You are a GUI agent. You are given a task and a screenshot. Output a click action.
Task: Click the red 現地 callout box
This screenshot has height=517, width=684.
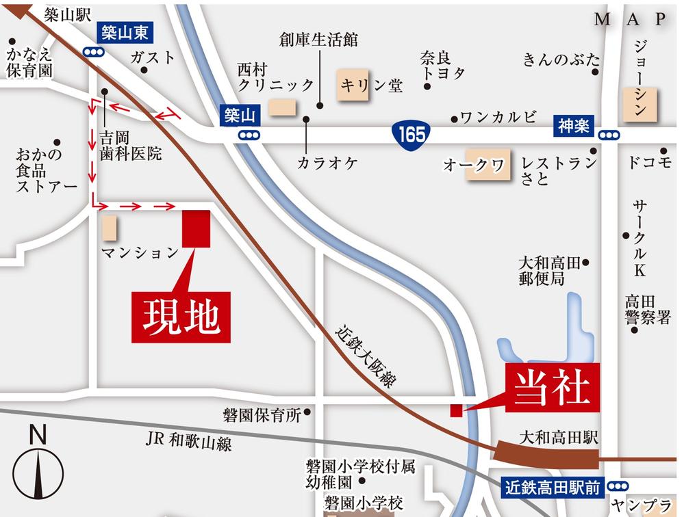[181, 317]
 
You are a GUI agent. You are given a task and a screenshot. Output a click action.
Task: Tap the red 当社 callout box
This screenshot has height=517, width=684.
[552, 388]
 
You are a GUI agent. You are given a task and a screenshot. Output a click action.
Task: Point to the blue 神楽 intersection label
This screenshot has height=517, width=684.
[573, 127]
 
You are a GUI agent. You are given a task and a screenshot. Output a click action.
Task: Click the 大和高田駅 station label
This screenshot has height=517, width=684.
[558, 436]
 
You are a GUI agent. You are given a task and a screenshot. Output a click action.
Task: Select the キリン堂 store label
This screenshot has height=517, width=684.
[372, 85]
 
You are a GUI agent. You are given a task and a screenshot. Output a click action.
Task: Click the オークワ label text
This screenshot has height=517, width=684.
[474, 165]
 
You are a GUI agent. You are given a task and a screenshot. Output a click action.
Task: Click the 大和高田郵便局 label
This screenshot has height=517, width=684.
[549, 271]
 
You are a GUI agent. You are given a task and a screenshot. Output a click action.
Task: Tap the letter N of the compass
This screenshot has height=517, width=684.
[38, 435]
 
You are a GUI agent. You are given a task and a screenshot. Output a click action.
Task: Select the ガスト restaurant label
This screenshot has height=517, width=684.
[152, 57]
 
